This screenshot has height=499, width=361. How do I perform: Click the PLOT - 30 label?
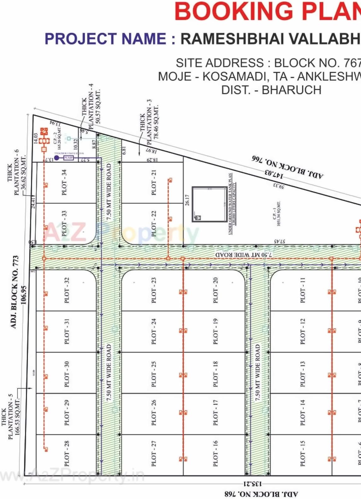(67, 374)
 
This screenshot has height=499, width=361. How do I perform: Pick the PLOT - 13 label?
(303, 374)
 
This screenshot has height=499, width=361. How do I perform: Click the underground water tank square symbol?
(209, 204)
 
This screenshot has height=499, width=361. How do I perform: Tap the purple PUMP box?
(68, 158)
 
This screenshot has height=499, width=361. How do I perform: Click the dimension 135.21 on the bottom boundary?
(253, 484)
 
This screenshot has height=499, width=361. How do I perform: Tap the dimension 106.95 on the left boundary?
(24, 295)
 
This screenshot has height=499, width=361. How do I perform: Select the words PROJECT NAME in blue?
(105, 39)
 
